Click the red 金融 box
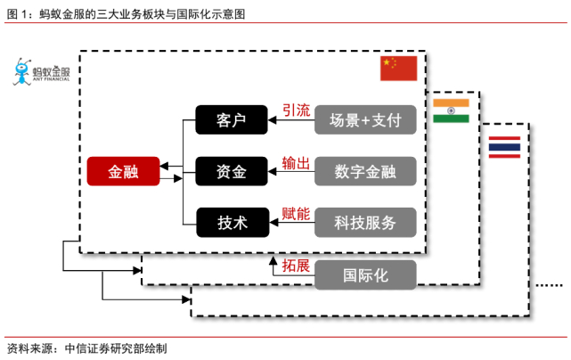coord(123,171)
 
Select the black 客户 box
coord(232,120)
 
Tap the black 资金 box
coord(232,171)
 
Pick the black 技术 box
coord(232,222)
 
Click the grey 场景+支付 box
coord(365,120)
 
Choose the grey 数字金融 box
coord(365,171)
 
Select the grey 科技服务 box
coord(365,222)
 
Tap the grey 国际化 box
coord(365,275)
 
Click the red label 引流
coord(296,110)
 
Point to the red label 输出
coord(296,163)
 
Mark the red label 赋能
coord(296,214)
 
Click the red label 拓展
coord(296,266)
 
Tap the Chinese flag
coord(399,68)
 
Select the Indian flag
coord(451,110)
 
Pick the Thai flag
coord(504,147)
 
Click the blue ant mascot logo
coord(22,72)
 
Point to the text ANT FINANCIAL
coord(51,79)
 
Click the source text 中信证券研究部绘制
coord(116,348)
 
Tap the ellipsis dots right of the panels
coord(550,285)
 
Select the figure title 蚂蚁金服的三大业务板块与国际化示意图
coord(142,14)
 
